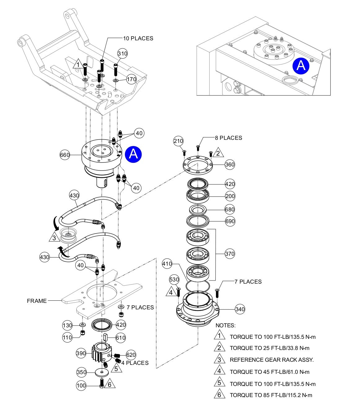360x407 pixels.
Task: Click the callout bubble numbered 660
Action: [65, 155]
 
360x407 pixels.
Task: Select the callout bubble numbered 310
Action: [122, 54]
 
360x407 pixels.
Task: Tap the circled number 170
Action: [131, 79]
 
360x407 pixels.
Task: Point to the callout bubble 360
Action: [230, 164]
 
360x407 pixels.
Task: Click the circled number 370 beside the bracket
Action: [230, 254]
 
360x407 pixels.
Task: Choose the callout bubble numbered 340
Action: [240, 309]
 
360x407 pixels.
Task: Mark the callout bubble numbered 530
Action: [174, 280]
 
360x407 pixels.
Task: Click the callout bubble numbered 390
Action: [81, 353]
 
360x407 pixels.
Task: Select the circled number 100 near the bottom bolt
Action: [81, 386]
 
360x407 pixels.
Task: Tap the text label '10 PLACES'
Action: [138, 38]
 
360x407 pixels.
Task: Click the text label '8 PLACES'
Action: [228, 138]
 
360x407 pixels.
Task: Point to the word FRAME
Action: [37, 301]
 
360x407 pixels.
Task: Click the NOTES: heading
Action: [225, 325]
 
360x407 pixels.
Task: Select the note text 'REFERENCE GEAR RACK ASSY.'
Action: [271, 360]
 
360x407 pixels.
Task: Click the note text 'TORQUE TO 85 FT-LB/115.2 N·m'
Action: [271, 395]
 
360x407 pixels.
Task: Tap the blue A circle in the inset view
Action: [301, 66]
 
